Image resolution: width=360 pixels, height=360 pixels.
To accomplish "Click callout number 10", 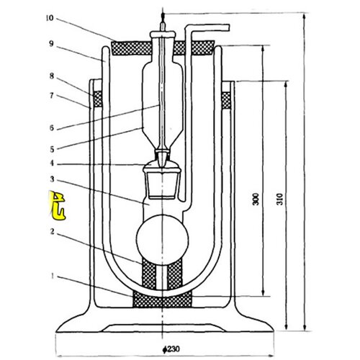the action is click(50, 19).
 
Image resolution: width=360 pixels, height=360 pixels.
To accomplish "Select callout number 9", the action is click(51, 44).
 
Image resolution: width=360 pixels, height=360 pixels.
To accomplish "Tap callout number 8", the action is click(52, 76).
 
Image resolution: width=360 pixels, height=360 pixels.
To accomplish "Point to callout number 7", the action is click(52, 96).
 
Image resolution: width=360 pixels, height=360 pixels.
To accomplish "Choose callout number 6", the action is click(52, 128).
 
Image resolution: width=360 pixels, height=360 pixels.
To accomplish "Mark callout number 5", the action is click(52, 149).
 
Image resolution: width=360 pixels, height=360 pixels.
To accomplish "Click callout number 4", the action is click(52, 163).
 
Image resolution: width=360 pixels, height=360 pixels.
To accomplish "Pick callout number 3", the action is click(52, 179).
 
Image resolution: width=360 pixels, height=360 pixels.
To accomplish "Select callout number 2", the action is click(52, 231).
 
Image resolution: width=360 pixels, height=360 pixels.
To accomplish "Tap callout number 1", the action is click(53, 276).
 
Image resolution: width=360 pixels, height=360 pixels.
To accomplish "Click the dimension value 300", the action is click(256, 199).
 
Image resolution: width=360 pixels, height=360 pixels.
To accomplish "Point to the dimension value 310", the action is click(280, 199).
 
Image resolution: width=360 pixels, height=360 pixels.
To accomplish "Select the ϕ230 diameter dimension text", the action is click(171, 348).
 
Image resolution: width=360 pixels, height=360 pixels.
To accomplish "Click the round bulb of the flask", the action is click(163, 240).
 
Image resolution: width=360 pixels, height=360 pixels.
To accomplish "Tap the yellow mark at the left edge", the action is click(57, 205).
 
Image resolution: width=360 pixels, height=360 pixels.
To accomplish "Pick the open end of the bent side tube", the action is click(229, 28).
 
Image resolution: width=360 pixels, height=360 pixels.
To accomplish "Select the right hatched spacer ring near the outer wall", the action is click(226, 99).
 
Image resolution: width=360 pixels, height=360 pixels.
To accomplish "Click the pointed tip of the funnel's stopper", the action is click(163, 166).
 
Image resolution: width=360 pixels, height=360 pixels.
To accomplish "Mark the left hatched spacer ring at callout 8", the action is click(98, 99).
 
